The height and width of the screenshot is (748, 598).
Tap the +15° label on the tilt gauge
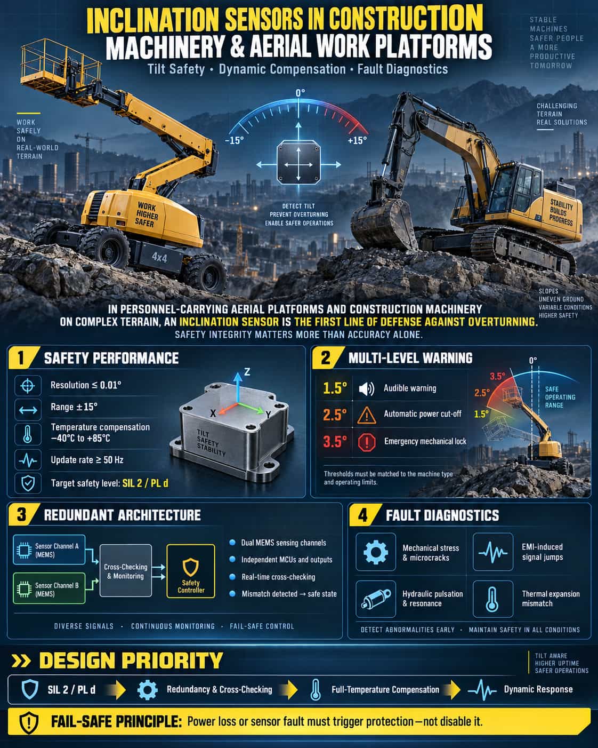(357, 140)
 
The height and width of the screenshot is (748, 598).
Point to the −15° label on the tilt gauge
(235, 140)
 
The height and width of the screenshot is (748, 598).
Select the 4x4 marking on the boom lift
(159, 258)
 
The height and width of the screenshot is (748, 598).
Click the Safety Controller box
(191, 571)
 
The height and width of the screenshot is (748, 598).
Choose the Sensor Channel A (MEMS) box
(49, 550)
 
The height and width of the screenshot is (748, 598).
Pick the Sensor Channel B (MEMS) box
(49, 588)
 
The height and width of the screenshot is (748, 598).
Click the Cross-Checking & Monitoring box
(126, 570)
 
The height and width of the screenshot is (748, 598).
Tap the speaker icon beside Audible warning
(366, 388)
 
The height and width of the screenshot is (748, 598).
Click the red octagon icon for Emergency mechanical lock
(366, 442)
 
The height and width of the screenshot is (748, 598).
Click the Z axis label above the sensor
(247, 372)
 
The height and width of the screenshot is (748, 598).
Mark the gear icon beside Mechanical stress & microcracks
(375, 552)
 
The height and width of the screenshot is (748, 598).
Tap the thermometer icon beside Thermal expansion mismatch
(492, 599)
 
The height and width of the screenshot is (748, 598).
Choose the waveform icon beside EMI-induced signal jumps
(492, 552)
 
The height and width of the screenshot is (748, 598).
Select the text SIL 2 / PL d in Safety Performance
(145, 483)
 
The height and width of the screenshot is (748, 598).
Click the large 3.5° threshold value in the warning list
(335, 442)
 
